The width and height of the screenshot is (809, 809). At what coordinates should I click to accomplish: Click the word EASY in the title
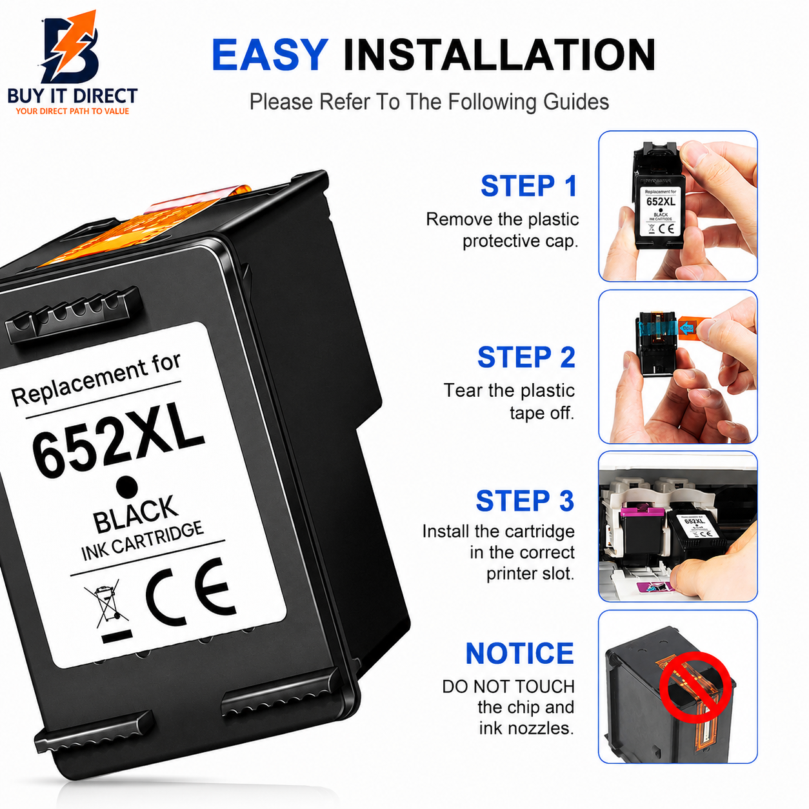pos(270,55)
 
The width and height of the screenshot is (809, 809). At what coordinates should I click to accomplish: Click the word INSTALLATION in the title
pos(499,55)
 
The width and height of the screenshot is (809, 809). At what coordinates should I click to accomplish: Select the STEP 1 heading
pos(529,186)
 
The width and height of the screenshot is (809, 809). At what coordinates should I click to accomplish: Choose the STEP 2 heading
pos(526,357)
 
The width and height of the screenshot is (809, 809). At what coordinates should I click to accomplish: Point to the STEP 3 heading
pos(524,501)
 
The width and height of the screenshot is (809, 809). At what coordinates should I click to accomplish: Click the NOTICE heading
pos(520,654)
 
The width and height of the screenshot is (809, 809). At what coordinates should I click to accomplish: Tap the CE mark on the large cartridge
pos(190,592)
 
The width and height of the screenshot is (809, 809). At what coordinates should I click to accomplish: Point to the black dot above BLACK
pos(127,486)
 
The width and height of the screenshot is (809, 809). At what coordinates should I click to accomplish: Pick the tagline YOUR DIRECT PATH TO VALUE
pos(72,111)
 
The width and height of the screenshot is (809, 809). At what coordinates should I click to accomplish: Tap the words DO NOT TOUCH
pos(508,687)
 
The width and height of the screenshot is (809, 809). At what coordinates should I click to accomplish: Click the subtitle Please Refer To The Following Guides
pos(429,101)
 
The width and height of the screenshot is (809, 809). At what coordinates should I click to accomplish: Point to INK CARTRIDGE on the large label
pos(142,541)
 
